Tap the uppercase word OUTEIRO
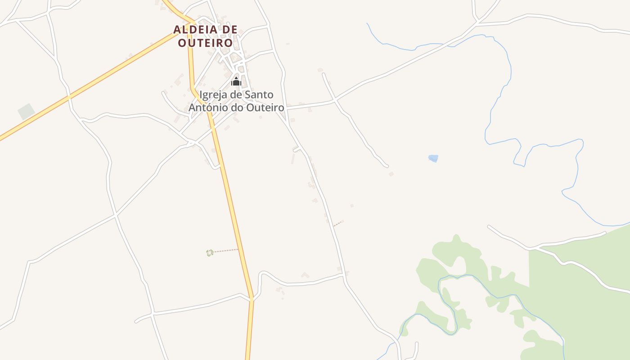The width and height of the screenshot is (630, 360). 206,43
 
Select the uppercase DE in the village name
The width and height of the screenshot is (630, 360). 227,30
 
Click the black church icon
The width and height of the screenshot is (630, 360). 236,81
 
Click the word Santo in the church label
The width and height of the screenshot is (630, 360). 259,95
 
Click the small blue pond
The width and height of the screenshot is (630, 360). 433,158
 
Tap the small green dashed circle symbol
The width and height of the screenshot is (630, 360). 210,253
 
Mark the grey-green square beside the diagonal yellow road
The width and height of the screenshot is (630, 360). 26,112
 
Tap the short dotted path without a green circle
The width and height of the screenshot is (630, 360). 338,223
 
